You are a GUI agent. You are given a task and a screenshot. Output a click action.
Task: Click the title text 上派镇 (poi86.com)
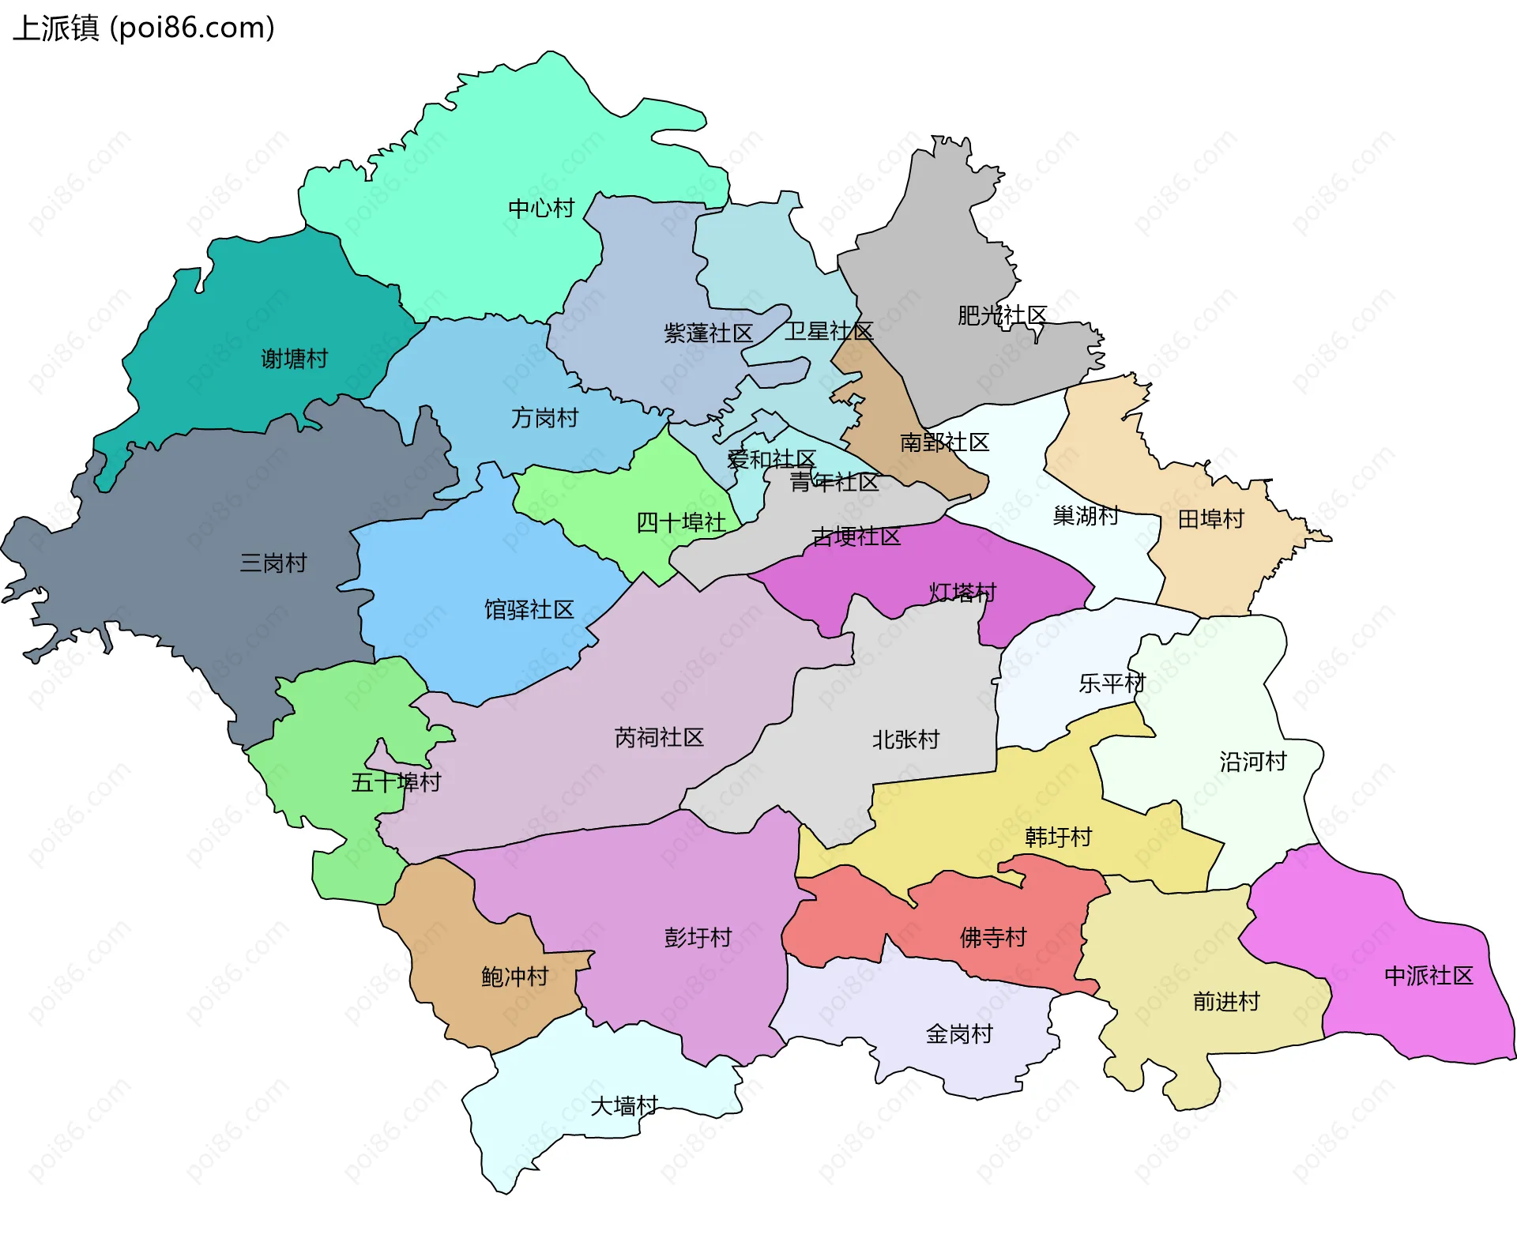pos(144,28)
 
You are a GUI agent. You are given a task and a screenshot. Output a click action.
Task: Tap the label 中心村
pos(540,209)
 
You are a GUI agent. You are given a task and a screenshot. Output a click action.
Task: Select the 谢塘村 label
pos(294,359)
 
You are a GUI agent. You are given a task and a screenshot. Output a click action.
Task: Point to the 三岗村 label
pos(273,563)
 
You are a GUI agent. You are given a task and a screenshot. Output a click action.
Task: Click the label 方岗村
pos(544,418)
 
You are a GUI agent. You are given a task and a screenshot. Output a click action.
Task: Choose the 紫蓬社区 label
pos(708,333)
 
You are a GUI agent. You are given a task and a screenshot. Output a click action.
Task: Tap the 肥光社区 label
pos(1002,316)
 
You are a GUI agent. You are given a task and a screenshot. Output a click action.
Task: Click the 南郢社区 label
pos(944,442)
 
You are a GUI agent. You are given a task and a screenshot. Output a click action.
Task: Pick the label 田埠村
pos(1210,519)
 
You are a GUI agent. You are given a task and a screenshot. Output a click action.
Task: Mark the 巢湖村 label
pos(1086,516)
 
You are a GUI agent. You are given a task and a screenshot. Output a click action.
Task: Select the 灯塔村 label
pos(962,593)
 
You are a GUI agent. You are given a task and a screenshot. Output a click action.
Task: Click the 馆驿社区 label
pos(529,610)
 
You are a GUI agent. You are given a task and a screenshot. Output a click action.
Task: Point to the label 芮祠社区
pos(659,738)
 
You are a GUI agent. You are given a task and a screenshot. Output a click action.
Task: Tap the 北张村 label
pos(905,740)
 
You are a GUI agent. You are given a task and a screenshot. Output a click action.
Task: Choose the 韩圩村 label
pos(1058,837)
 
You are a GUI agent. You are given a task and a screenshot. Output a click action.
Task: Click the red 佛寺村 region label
pos(992,938)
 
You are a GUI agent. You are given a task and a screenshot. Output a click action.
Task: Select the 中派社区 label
pos(1429,976)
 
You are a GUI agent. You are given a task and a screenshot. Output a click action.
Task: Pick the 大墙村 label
pos(624,1106)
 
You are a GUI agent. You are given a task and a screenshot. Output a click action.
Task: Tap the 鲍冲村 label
pos(514,977)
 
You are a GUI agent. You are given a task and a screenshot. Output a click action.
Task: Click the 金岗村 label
pos(958,1034)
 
